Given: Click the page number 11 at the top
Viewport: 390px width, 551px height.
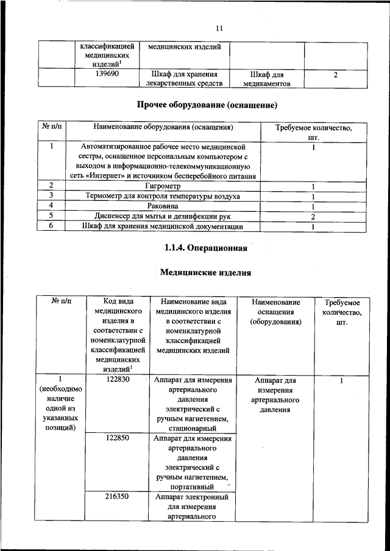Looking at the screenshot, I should tap(220, 27).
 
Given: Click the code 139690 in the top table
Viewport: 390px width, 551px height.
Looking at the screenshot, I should tap(107, 74).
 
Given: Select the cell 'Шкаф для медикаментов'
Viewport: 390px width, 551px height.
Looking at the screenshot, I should tap(267, 79).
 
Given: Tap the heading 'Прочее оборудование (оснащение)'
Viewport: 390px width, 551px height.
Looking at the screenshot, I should tap(207, 105).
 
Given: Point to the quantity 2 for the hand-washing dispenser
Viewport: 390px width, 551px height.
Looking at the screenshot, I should tap(313, 216).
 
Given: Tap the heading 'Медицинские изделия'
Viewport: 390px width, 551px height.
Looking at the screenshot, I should tap(206, 273).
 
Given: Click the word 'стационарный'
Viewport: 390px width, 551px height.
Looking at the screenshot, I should tap(192, 428).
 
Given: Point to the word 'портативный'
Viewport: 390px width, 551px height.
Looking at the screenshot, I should tap(193, 487).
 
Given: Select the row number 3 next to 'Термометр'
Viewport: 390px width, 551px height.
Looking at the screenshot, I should tap(52, 195).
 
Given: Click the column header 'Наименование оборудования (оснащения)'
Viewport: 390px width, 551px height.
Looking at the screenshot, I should tap(163, 128).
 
